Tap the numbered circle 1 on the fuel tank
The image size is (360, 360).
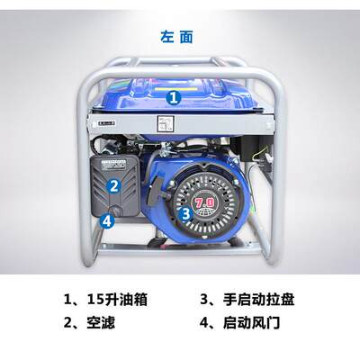point(174,95)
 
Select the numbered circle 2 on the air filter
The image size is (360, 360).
point(114,187)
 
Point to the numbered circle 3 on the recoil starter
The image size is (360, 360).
point(184,213)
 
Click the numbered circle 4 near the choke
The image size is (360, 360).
point(107,219)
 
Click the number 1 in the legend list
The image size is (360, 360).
point(67,299)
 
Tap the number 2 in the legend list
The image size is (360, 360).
point(67,321)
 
